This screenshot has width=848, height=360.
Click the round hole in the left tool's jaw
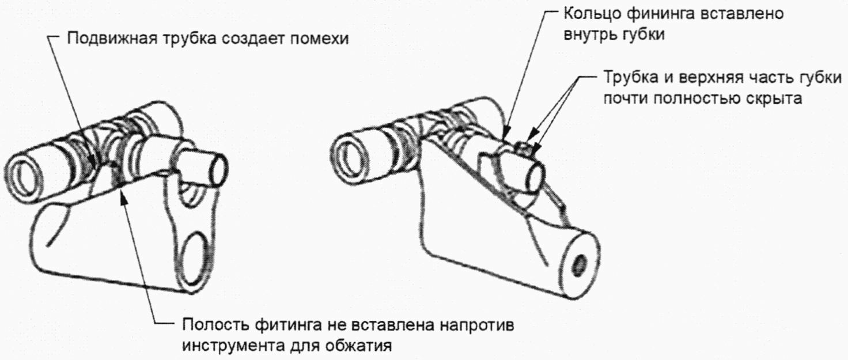coord(195,249)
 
